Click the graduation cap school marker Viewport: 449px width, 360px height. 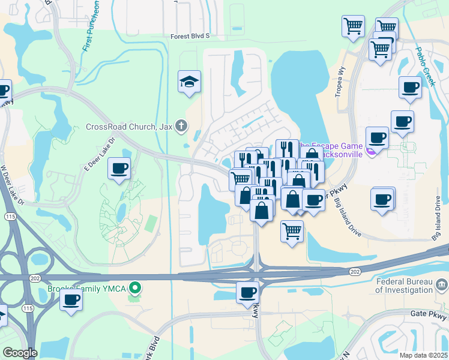[x=189, y=82]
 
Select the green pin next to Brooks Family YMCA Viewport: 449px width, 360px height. [x=136, y=289]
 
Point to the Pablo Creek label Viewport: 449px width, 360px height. [x=424, y=67]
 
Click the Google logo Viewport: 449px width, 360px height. [x=20, y=353]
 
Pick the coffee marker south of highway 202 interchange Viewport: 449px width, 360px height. [x=247, y=292]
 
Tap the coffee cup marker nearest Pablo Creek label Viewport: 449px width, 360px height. [x=411, y=87]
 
